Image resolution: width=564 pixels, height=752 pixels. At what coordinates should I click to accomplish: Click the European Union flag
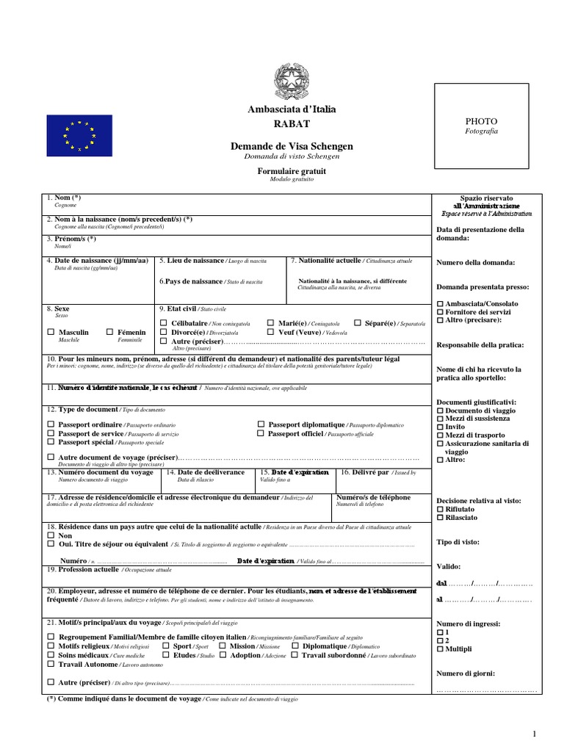(x=79, y=134)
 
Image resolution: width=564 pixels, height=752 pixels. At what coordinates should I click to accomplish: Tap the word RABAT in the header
(x=292, y=123)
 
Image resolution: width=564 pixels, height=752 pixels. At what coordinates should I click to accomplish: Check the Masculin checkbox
(x=51, y=333)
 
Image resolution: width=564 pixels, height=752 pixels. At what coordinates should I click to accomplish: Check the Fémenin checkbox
(x=109, y=333)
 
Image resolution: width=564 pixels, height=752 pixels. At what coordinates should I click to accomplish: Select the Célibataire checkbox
(x=163, y=323)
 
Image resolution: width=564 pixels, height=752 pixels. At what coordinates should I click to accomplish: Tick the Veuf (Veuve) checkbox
(x=271, y=333)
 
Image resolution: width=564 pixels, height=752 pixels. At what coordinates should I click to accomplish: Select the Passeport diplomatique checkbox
(x=261, y=424)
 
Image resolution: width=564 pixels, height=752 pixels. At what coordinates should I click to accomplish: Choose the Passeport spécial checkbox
(x=51, y=442)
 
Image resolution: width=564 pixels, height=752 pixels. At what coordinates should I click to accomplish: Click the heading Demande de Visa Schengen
(x=292, y=147)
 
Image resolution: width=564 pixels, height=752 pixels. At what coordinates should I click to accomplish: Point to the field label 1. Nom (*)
(x=63, y=198)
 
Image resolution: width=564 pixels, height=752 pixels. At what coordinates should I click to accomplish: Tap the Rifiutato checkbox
(x=440, y=508)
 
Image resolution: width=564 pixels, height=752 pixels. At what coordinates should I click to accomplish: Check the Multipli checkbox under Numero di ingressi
(x=440, y=649)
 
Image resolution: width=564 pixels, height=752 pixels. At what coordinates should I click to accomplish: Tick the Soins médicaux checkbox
(x=51, y=655)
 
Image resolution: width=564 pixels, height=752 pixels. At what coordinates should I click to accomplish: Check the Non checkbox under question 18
(x=51, y=536)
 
